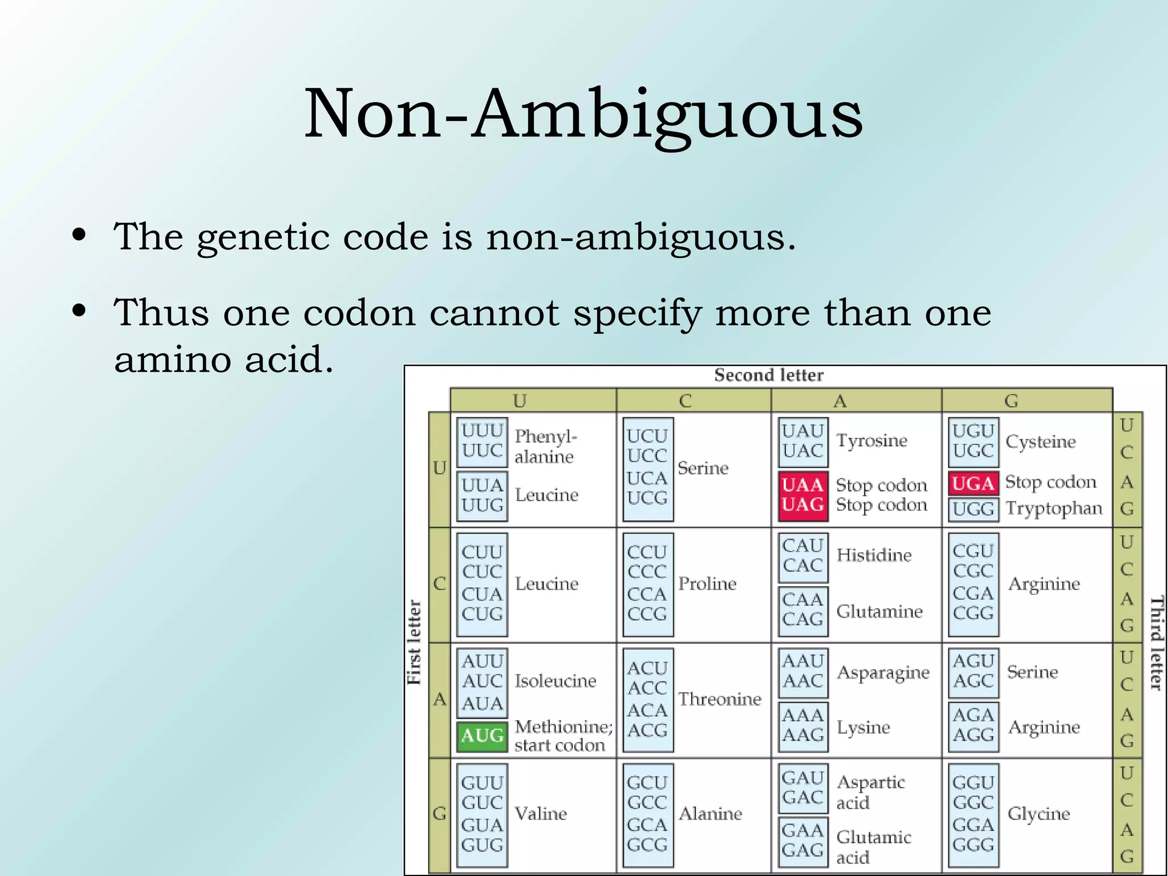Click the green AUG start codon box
(x=482, y=736)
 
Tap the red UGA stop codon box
(x=973, y=484)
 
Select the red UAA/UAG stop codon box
(x=802, y=495)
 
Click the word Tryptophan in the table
(x=1053, y=508)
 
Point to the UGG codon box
(x=973, y=509)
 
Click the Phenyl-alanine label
(x=545, y=447)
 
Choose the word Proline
(x=707, y=583)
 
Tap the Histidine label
(x=874, y=555)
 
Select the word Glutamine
(x=879, y=611)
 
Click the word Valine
(x=541, y=813)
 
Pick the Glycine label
(x=1039, y=813)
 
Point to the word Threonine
(x=720, y=699)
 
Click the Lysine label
(x=863, y=727)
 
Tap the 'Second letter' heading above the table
(x=768, y=375)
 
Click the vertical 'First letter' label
(x=414, y=642)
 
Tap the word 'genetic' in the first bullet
(x=263, y=237)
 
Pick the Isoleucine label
(x=555, y=680)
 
